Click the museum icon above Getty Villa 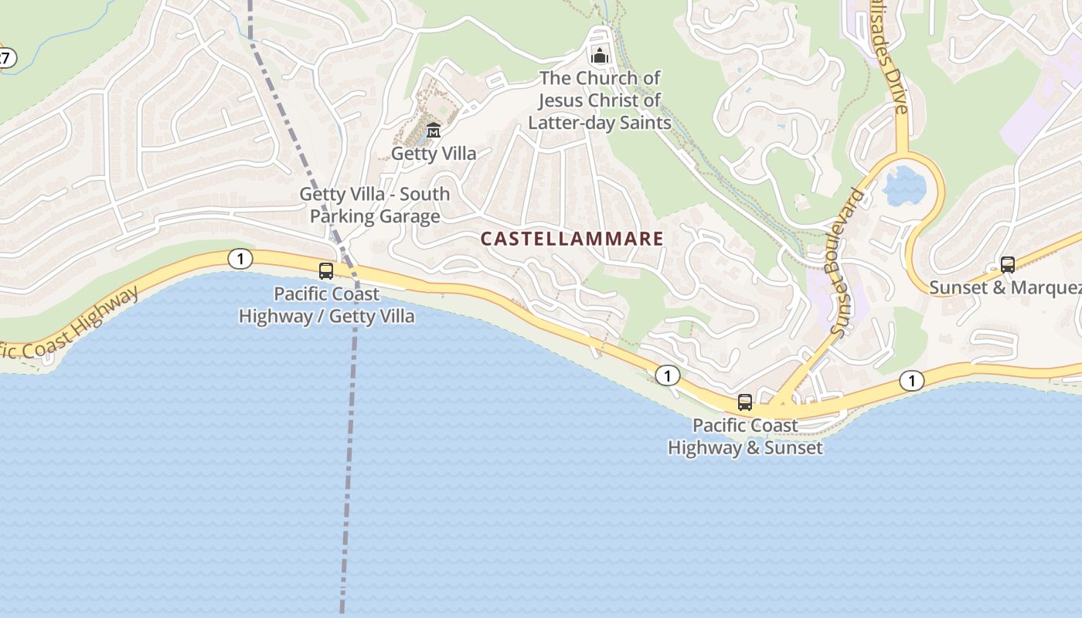tap(434, 130)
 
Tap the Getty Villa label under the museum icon tap(434, 153)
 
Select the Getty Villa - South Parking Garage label tap(375, 205)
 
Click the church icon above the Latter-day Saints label tap(600, 56)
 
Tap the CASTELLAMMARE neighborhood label tap(572, 239)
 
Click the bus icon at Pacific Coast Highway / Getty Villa tap(326, 271)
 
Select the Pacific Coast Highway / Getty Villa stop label tap(327, 305)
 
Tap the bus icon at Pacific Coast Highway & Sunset tap(745, 402)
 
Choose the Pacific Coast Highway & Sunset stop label tap(746, 436)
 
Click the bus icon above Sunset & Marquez tap(1008, 265)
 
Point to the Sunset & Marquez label tap(1005, 287)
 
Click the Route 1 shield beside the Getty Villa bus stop tap(240, 259)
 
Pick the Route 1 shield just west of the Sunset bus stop tap(668, 376)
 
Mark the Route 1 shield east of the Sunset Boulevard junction tap(912, 380)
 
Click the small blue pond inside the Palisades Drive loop tap(904, 186)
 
